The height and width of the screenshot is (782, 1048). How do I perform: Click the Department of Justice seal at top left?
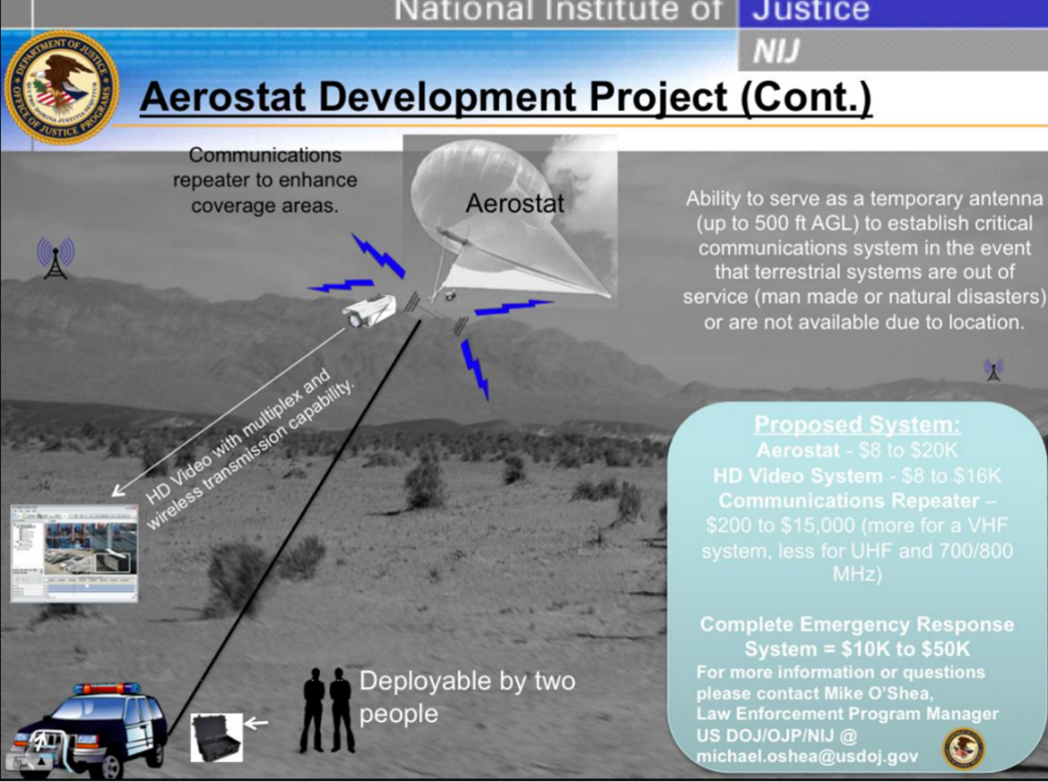[x=61, y=87]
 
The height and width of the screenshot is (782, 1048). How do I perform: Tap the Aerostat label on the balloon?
[x=514, y=204]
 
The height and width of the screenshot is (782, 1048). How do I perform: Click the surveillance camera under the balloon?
[x=370, y=313]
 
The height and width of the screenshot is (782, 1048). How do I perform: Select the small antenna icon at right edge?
[x=993, y=370]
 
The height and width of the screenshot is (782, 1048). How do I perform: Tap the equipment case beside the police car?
[x=216, y=737]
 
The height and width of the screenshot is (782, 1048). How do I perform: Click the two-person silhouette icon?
[x=327, y=710]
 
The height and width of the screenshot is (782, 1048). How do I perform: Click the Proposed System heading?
[x=856, y=424]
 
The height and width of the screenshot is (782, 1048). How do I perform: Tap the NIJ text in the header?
[x=776, y=50]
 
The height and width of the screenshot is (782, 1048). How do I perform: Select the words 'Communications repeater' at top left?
[x=264, y=167]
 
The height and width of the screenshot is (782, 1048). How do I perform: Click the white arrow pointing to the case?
[x=257, y=721]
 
